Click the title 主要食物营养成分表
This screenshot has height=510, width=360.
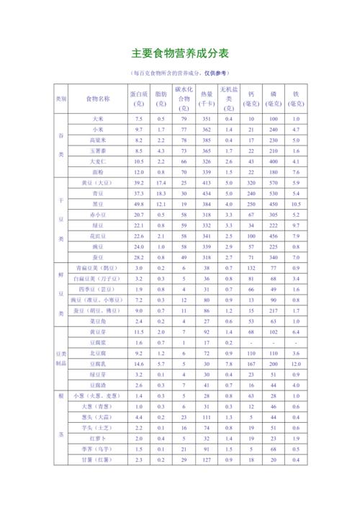180,53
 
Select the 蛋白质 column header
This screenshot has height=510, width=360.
139,98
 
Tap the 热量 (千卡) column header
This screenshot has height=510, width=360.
207,98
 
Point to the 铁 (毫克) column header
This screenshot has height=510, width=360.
296,98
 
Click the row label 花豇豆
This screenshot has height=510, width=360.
98,236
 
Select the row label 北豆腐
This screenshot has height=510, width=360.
98,354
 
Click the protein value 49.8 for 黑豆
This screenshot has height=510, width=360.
139,204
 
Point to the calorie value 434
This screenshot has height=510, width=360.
207,193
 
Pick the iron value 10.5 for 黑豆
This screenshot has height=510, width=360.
296,204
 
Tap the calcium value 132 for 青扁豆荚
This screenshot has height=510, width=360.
251,268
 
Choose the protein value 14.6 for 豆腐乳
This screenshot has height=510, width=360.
139,364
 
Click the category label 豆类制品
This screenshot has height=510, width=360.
61,359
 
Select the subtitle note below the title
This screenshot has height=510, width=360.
180,73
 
